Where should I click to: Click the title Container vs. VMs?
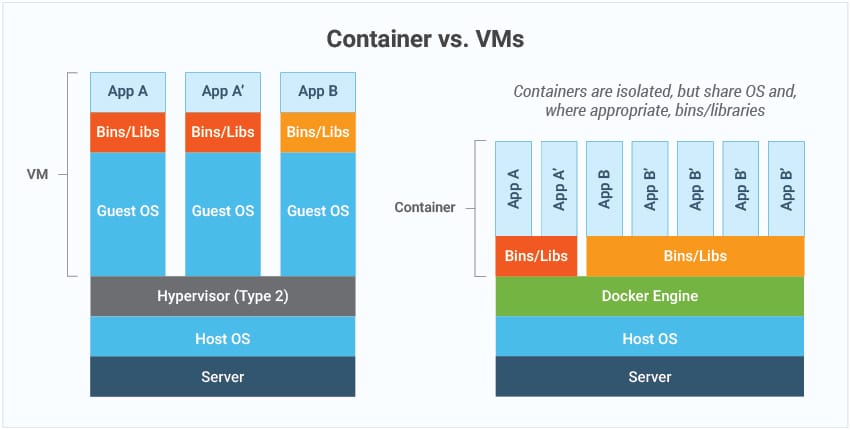424,39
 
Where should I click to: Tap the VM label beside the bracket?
37,173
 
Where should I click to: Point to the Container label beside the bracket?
425,208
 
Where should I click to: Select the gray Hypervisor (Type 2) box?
222,296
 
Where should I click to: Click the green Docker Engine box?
649,296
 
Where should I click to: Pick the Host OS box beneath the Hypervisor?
222,338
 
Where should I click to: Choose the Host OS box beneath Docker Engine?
649,338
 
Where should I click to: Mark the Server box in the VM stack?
222,377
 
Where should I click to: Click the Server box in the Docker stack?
649,377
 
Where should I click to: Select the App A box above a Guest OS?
127,92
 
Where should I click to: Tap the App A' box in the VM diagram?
222,92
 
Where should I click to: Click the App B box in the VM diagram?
318,92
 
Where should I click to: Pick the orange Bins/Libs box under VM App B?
318,132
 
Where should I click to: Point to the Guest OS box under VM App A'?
222,212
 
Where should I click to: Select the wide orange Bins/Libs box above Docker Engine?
695,256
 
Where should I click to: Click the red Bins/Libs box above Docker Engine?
536,256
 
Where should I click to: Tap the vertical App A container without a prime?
513,188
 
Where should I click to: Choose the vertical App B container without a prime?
604,188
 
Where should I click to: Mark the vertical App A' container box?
559,188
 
